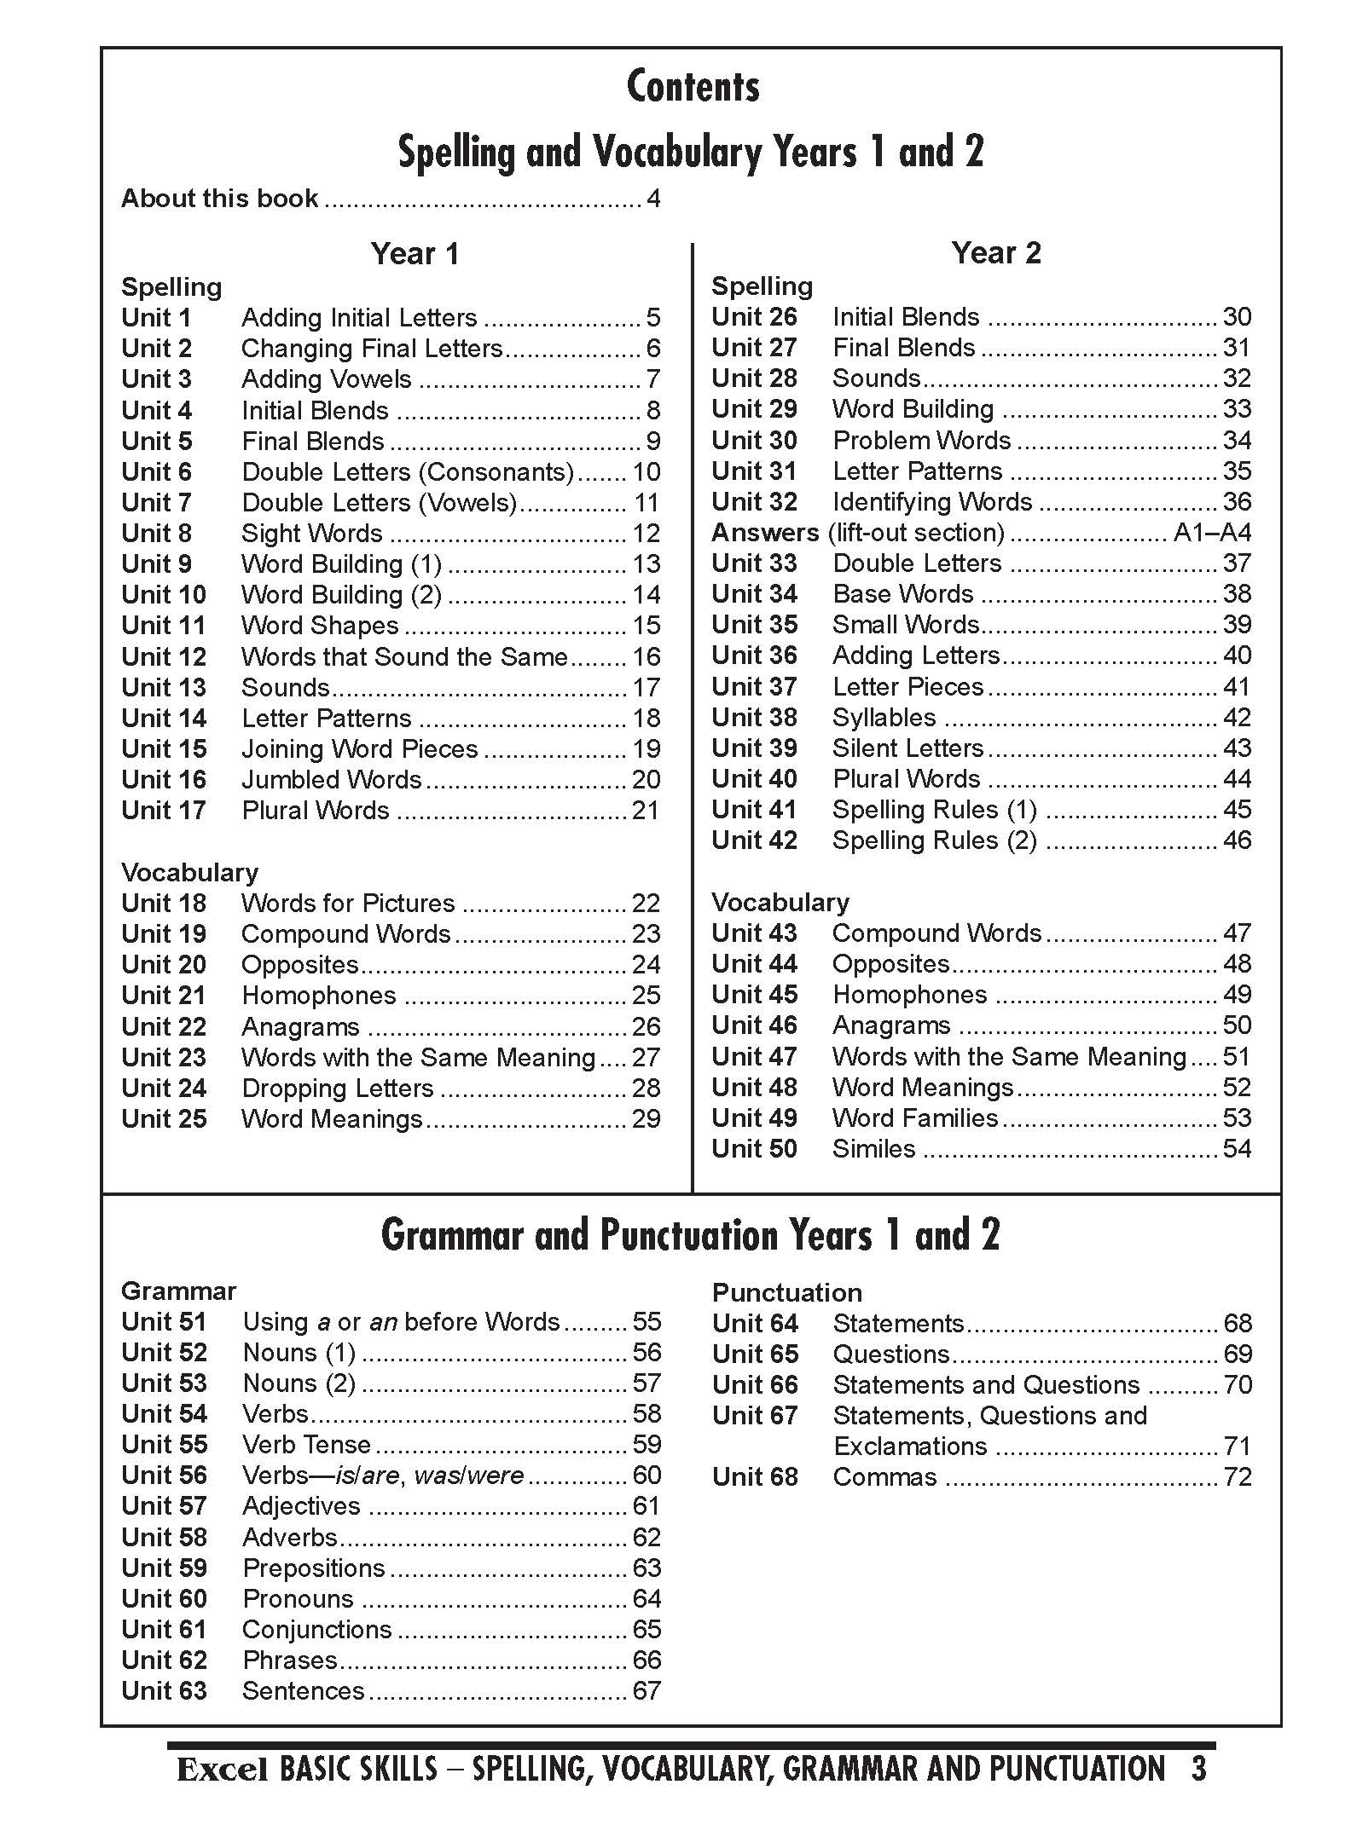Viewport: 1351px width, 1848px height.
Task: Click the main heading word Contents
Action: (693, 87)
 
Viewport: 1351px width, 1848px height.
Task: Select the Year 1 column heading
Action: (415, 254)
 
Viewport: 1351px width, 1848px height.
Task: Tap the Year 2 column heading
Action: (996, 253)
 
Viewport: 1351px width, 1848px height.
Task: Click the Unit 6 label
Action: (157, 472)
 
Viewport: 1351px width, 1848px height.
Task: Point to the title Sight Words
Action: (311, 534)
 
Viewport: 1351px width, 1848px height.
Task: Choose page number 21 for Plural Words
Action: (646, 811)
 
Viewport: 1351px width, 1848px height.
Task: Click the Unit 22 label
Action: (164, 1027)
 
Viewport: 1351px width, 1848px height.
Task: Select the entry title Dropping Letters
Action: (338, 1089)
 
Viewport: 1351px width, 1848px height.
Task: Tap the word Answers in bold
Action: (765, 533)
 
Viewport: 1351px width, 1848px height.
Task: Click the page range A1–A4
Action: (1212, 533)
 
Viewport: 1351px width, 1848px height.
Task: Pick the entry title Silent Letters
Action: (908, 748)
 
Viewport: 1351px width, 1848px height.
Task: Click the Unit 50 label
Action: (755, 1149)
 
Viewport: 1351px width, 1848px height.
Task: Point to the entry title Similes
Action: (873, 1149)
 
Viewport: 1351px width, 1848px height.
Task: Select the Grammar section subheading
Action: (178, 1291)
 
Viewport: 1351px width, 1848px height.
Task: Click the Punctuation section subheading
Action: (786, 1293)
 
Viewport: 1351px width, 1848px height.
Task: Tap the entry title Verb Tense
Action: (307, 1445)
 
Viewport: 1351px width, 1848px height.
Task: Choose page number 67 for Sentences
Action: (647, 1691)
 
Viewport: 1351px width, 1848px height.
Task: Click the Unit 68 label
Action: (755, 1477)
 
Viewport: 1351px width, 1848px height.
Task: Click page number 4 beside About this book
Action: (653, 199)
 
